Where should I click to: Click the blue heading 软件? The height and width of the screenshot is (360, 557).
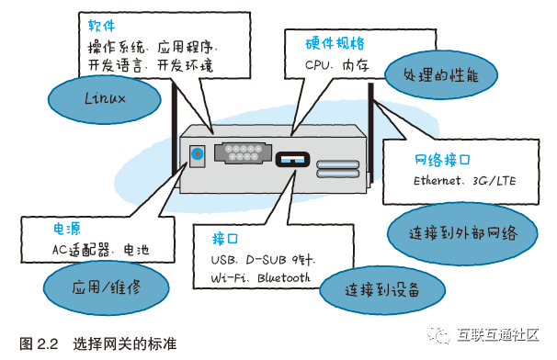pyautogui.click(x=102, y=26)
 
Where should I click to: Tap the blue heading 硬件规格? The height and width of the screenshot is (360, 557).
pyautogui.click(x=335, y=43)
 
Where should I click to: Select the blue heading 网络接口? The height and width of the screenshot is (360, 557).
pyautogui.click(x=442, y=160)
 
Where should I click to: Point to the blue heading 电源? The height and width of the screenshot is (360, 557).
pyautogui.click(x=67, y=229)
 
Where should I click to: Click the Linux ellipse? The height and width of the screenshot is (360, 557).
pyautogui.click(x=105, y=99)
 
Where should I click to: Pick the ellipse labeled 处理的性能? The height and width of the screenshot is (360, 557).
pyautogui.click(x=441, y=75)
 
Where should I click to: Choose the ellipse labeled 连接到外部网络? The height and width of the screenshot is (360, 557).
pyautogui.click(x=462, y=233)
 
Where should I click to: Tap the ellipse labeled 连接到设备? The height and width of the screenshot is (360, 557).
pyautogui.click(x=382, y=290)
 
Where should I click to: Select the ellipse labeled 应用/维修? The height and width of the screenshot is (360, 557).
pyautogui.click(x=107, y=287)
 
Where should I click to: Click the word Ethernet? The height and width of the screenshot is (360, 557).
pyautogui.click(x=437, y=181)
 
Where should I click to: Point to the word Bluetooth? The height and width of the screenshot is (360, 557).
pyautogui.click(x=283, y=277)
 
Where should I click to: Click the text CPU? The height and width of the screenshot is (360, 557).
pyautogui.click(x=317, y=65)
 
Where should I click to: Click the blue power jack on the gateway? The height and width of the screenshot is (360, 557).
pyautogui.click(x=197, y=154)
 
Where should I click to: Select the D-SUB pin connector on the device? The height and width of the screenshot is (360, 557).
pyautogui.click(x=243, y=152)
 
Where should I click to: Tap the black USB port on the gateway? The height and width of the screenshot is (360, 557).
pyautogui.click(x=292, y=160)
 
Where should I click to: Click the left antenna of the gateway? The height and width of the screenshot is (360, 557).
pyautogui.click(x=175, y=131)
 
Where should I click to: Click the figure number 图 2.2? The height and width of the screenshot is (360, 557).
pyautogui.click(x=39, y=343)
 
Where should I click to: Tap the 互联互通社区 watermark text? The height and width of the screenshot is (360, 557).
pyautogui.click(x=498, y=334)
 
